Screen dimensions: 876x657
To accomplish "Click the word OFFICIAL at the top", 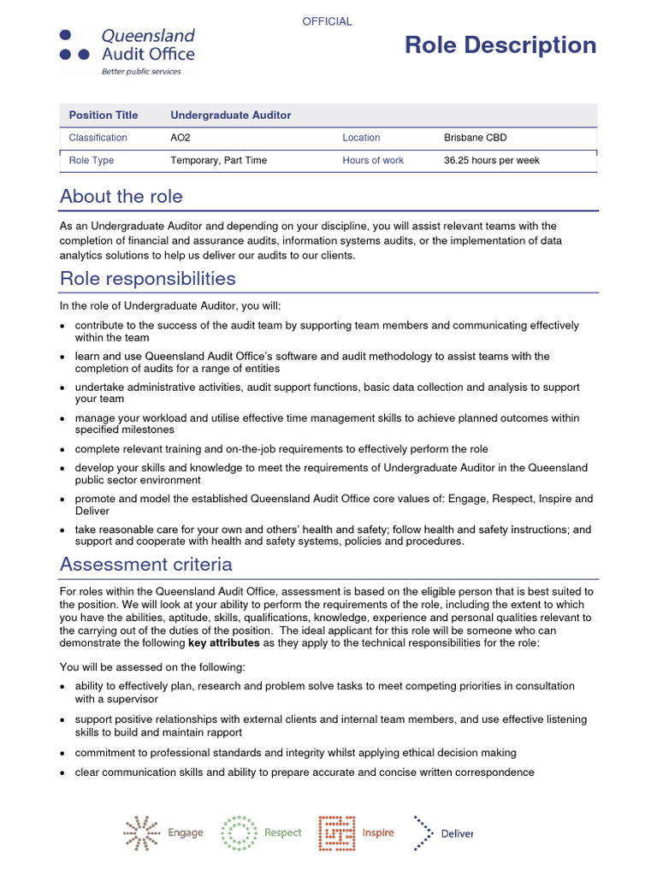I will pyautogui.click(x=327, y=21).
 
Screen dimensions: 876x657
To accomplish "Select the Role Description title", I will pyautogui.click(x=500, y=45).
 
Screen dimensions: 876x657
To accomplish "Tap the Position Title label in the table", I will pyautogui.click(x=103, y=115).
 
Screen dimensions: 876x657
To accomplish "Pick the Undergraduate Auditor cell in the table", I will pyautogui.click(x=231, y=115).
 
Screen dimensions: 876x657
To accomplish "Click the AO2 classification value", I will pyautogui.click(x=181, y=138).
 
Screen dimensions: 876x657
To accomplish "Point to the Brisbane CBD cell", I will pyautogui.click(x=475, y=138).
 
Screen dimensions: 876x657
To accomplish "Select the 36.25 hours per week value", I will pyautogui.click(x=491, y=160).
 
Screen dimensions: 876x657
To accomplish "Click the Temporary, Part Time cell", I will pyautogui.click(x=218, y=160).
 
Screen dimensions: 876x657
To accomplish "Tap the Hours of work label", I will pyautogui.click(x=373, y=160).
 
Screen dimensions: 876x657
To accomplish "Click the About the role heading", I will pyautogui.click(x=121, y=196).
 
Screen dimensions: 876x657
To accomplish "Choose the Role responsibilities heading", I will pyautogui.click(x=147, y=279).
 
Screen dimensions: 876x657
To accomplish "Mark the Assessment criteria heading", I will pyautogui.click(x=145, y=565).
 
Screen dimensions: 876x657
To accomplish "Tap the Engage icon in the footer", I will pyautogui.click(x=142, y=832).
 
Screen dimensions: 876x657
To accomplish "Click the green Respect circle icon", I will pyautogui.click(x=239, y=832).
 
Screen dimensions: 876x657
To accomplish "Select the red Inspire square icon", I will pyautogui.click(x=337, y=832).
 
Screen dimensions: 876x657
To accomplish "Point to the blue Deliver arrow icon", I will pyautogui.click(x=423, y=832).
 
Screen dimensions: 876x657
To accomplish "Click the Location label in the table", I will pyautogui.click(x=361, y=138).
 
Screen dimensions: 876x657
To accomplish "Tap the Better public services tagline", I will pyautogui.click(x=141, y=72).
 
